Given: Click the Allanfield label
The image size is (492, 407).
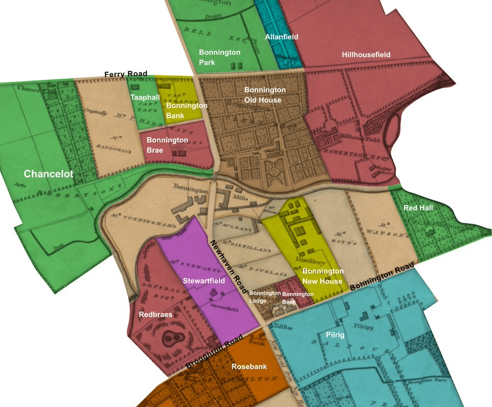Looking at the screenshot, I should pyautogui.click(x=282, y=37).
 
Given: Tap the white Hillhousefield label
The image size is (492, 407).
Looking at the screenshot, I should pyautogui.click(x=366, y=55).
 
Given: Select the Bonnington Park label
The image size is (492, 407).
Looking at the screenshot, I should pyautogui.click(x=219, y=57).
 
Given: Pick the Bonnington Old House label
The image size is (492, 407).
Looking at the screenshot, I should pyautogui.click(x=265, y=95).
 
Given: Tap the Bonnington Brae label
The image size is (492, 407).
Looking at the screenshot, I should pyautogui.click(x=167, y=145).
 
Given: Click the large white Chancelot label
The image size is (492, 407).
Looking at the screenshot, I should pyautogui.click(x=48, y=174).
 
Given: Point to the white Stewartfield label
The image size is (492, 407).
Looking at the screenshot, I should pyautogui.click(x=203, y=281).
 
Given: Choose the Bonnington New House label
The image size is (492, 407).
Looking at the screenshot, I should pyautogui.click(x=323, y=276).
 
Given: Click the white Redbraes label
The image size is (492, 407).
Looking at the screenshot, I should pyautogui.click(x=156, y=315).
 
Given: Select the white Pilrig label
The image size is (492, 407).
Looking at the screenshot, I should pyautogui.click(x=335, y=335).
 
